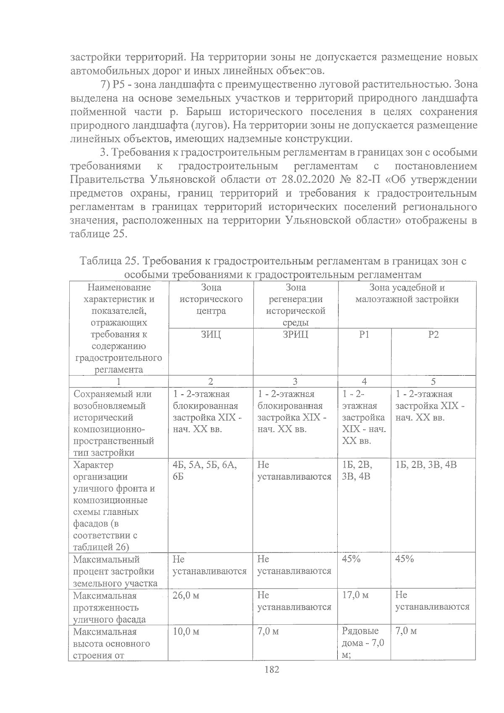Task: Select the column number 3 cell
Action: coord(295,381)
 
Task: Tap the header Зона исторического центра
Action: coord(211,299)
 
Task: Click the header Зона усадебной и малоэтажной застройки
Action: coord(407,294)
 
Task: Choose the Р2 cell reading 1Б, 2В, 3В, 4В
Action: coord(426,465)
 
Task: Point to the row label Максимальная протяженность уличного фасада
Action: coord(110,607)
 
